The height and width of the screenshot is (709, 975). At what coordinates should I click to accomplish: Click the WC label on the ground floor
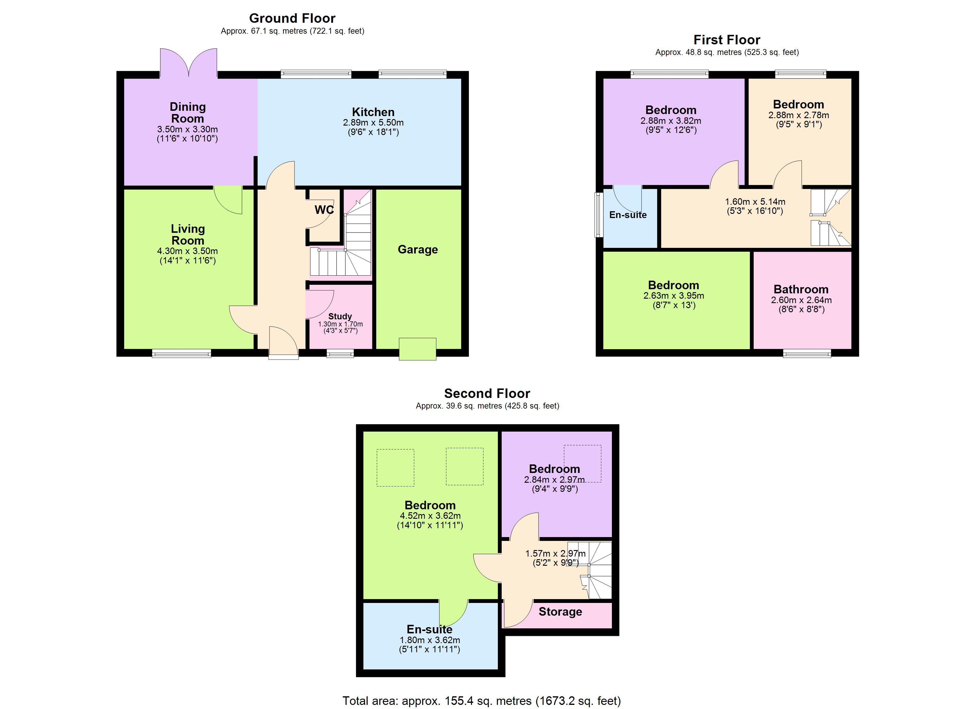tap(324, 210)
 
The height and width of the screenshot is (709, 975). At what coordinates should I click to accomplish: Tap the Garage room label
tap(417, 250)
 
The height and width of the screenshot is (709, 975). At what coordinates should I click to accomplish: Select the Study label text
tap(340, 316)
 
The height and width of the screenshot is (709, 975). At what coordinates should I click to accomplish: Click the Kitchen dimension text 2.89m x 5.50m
tap(373, 123)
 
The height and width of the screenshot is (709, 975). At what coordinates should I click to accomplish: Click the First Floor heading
tap(727, 40)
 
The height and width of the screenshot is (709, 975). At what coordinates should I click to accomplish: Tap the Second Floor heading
tap(487, 393)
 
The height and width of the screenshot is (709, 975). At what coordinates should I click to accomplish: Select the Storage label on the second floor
tap(560, 612)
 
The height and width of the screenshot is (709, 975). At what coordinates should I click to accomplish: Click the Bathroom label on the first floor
tap(801, 290)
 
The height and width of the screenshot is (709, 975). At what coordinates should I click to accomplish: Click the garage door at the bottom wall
tap(417, 349)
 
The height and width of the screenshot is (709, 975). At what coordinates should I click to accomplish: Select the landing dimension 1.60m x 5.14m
tap(755, 202)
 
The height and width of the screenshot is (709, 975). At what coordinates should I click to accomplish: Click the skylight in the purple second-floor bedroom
tap(583, 464)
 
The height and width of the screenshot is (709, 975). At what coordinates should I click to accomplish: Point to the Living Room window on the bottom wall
tap(181, 353)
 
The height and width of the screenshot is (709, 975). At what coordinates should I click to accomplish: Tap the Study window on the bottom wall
tap(340, 353)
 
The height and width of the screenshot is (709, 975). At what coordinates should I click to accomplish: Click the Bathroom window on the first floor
tap(807, 353)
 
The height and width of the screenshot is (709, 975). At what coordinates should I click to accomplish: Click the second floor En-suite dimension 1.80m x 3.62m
tap(430, 640)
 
